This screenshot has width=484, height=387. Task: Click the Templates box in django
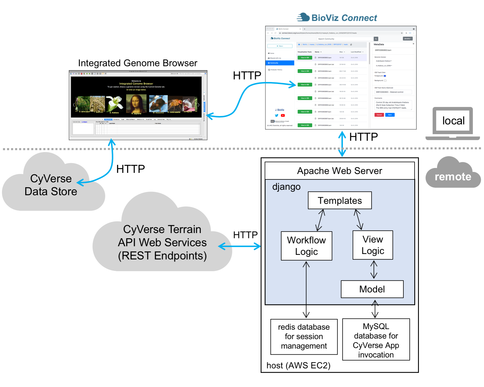(340, 200)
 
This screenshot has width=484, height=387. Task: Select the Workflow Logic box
(306, 246)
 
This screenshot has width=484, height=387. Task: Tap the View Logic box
(373, 245)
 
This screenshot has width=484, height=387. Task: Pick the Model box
(372, 289)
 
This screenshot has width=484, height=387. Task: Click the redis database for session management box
(304, 337)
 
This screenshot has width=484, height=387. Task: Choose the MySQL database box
(376, 340)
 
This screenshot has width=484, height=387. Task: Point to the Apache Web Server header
(340, 171)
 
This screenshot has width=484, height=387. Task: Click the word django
(286, 187)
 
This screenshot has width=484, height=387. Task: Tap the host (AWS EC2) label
(298, 365)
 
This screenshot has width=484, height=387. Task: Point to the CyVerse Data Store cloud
(51, 185)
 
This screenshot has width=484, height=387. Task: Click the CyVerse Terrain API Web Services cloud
(162, 242)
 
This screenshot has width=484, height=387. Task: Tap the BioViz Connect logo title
(337, 18)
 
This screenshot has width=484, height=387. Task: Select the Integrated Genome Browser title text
(138, 63)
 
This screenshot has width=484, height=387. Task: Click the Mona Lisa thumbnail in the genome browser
(136, 104)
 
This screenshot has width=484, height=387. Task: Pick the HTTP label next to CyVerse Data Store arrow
(131, 169)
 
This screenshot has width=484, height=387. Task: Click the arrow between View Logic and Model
(374, 270)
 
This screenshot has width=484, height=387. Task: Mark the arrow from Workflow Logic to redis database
(306, 290)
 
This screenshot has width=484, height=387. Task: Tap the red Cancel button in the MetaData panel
(379, 115)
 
